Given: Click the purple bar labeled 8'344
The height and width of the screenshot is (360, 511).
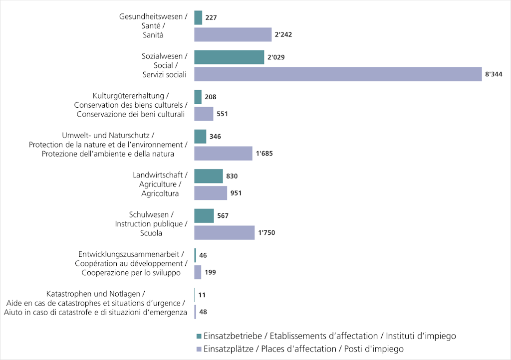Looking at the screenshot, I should click(x=338, y=74).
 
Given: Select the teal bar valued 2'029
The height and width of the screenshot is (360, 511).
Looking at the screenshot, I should click(x=229, y=57).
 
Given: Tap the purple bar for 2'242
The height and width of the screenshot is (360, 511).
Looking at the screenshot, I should click(x=233, y=34).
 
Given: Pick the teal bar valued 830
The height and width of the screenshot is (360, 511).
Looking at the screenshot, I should click(x=208, y=176).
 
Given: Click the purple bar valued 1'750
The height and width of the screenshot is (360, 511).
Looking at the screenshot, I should click(x=224, y=233).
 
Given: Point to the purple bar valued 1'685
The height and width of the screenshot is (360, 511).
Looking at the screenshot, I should click(x=223, y=153).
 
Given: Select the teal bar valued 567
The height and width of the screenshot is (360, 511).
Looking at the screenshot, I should click(x=204, y=216).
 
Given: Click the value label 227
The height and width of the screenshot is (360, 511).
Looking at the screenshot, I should click(x=211, y=17).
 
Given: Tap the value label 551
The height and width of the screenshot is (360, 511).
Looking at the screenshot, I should click(x=222, y=114).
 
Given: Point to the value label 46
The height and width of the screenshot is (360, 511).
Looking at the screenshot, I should click(x=203, y=255).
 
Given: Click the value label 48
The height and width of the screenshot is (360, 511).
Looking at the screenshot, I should click(x=203, y=312).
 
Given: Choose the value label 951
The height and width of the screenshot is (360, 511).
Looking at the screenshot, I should click(x=236, y=193).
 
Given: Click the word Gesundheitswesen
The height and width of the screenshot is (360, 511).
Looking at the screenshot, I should click(x=151, y=16).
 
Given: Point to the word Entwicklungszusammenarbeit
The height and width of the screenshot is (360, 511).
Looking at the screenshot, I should click(x=129, y=254).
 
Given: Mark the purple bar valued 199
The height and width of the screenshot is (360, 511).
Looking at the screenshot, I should click(x=198, y=272).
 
